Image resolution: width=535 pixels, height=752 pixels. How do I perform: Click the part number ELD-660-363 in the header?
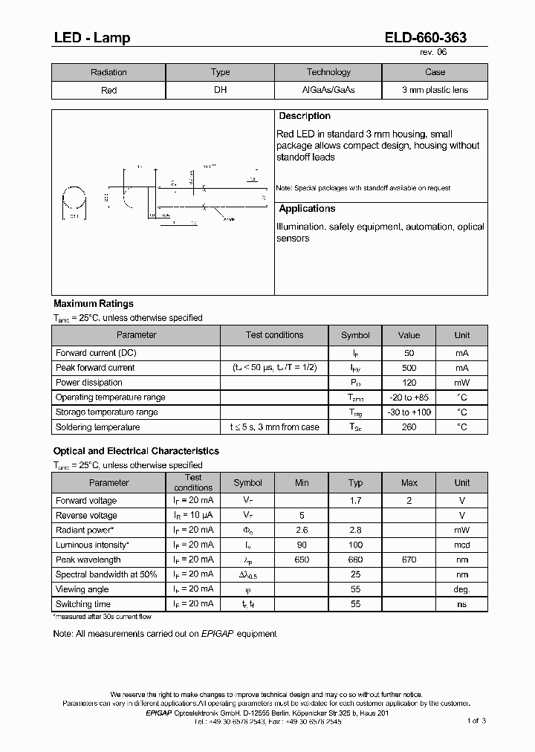point(427,38)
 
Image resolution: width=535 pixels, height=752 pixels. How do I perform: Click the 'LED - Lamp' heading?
point(91,38)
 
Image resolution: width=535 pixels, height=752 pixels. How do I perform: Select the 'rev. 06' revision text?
point(433,53)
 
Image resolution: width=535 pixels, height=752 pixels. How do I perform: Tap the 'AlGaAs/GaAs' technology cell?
point(328,91)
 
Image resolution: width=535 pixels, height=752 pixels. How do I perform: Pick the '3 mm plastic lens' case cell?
point(435,91)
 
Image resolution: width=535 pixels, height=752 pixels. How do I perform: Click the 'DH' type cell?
point(220,91)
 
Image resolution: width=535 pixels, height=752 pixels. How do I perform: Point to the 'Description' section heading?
point(304,117)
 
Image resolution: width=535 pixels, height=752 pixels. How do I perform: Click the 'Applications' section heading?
point(307,209)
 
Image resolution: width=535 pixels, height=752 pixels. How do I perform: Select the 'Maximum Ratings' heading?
point(94,304)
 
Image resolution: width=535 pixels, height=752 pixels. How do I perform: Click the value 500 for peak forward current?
point(409,368)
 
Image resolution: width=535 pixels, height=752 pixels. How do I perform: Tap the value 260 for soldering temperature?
point(409,427)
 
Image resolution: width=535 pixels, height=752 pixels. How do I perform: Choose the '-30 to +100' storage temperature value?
point(409,412)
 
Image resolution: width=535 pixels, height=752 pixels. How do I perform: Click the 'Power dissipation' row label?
point(89,383)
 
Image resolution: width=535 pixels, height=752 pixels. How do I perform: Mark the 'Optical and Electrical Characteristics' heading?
point(136,451)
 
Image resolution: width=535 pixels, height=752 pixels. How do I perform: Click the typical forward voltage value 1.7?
point(355,501)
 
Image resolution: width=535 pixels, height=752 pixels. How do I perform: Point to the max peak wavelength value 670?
point(409,560)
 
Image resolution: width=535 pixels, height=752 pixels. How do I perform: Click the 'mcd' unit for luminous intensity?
point(462,545)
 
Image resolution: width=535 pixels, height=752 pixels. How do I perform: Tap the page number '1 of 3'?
point(476,721)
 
